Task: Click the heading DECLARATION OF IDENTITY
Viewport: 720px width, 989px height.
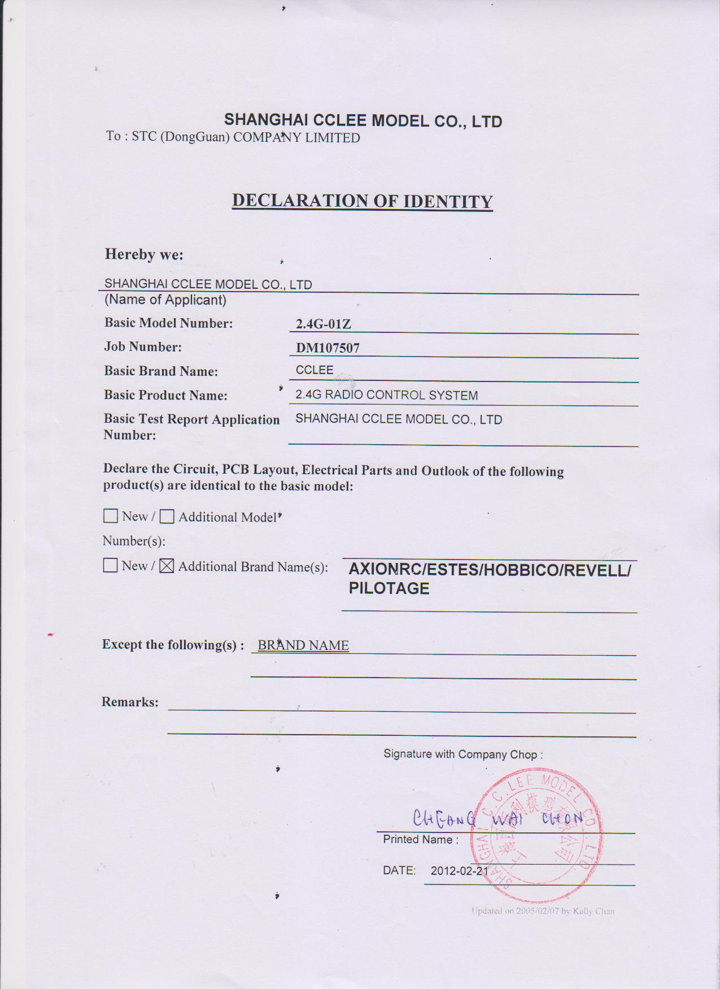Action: [x=362, y=201]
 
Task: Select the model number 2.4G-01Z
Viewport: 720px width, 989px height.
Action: [x=324, y=324]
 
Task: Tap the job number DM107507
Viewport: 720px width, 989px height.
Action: [x=328, y=348]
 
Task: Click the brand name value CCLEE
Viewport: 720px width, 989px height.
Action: [x=315, y=370]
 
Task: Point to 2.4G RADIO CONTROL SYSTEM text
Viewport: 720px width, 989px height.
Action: [x=386, y=395]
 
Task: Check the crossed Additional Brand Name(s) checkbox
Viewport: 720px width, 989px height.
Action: [x=167, y=566]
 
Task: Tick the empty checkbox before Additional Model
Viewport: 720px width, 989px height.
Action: [x=167, y=517]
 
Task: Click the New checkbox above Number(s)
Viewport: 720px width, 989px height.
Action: [x=111, y=516]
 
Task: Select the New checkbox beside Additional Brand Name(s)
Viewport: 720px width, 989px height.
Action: [x=110, y=565]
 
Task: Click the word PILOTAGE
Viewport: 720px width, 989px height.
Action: [x=389, y=588]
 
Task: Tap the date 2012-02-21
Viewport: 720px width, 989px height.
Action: [x=459, y=871]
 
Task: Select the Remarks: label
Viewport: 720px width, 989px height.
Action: [x=130, y=702]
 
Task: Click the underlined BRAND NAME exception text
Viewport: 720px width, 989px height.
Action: [x=303, y=645]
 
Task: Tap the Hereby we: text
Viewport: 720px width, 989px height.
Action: [x=144, y=254]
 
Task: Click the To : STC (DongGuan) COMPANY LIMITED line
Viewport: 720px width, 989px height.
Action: [x=233, y=137]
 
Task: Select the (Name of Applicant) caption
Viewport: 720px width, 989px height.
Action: [x=165, y=300]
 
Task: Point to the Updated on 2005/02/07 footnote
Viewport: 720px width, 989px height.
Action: [x=543, y=911]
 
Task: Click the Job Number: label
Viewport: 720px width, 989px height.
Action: [x=143, y=346]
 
